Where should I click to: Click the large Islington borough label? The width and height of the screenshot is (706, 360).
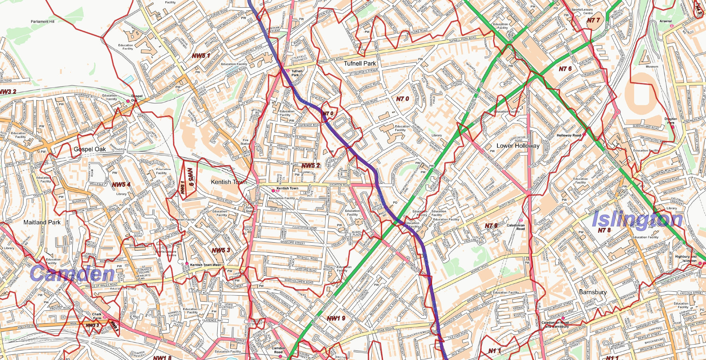(637, 220)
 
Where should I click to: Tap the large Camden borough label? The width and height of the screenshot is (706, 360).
(72, 274)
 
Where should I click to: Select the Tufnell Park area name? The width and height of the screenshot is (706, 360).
(360, 63)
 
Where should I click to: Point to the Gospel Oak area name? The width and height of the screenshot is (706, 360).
(90, 149)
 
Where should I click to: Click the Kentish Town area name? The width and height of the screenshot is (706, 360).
(229, 182)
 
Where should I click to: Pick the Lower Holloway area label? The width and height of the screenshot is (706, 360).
(518, 146)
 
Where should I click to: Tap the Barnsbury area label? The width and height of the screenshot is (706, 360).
(592, 292)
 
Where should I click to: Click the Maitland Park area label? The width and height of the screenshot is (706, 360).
(42, 222)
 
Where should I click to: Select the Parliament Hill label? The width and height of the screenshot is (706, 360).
(42, 22)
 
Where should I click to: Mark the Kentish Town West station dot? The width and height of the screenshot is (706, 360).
(187, 263)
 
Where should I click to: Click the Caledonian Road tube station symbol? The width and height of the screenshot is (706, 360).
(521, 220)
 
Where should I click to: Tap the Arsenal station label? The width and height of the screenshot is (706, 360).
(665, 21)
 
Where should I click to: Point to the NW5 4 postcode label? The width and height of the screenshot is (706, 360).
(121, 184)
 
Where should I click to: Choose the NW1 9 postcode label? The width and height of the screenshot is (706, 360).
(336, 318)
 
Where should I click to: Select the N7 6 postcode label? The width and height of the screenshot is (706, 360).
(565, 69)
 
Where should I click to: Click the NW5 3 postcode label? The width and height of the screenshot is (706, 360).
(221, 250)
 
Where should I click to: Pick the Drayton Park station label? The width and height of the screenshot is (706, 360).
(671, 121)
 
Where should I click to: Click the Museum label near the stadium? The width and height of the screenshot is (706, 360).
(652, 67)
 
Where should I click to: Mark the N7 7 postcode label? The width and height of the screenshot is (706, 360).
(593, 20)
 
